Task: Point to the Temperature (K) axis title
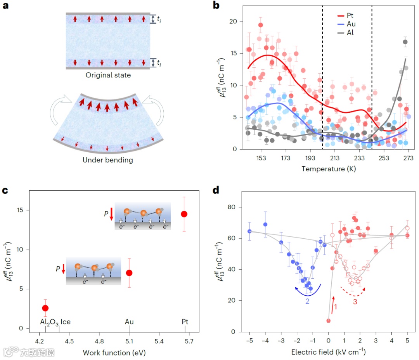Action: pyautogui.click(x=328, y=169)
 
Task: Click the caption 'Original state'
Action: pyautogui.click(x=108, y=75)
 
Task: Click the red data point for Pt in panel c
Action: pyautogui.click(x=184, y=214)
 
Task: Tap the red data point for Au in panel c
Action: pyautogui.click(x=129, y=273)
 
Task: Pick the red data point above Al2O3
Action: pyautogui.click(x=45, y=308)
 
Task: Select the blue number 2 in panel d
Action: pyautogui.click(x=307, y=301)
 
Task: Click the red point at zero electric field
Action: pyautogui.click(x=328, y=320)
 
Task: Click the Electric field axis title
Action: pyautogui.click(x=328, y=352)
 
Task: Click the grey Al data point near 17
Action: pyautogui.click(x=405, y=42)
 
